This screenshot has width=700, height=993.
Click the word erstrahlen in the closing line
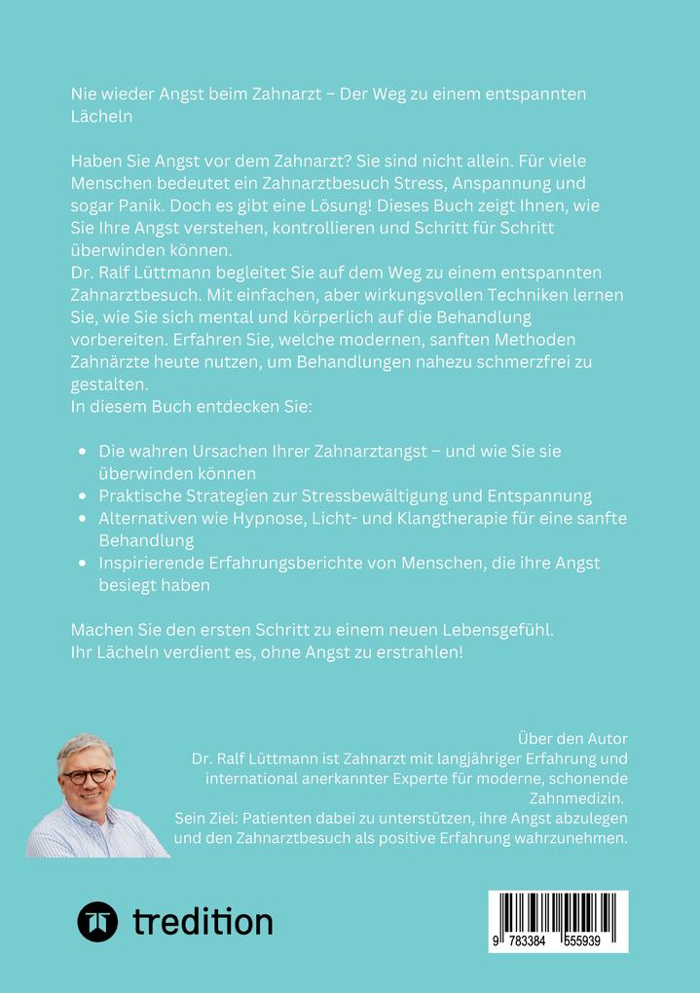[x=413, y=651]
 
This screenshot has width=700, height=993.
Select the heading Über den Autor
[x=571, y=738]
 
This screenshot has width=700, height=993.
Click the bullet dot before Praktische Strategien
[x=83, y=496]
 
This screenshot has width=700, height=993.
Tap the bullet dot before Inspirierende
[x=83, y=564]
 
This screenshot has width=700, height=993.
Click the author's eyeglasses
[x=88, y=778]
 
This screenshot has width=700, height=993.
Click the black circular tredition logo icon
[x=97, y=921]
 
